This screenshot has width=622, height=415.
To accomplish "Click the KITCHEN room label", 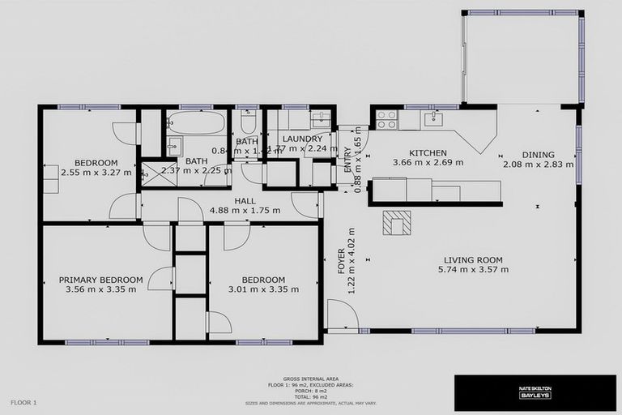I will pos(428,153).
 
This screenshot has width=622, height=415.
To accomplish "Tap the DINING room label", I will pos(538,155).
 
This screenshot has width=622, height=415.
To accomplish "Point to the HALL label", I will pos(245,201).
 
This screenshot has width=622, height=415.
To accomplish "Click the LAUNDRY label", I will pos(303,139).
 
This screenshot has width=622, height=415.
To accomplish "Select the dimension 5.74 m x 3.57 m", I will pos(473,270).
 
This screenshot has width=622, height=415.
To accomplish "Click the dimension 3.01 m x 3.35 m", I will pos(263,289).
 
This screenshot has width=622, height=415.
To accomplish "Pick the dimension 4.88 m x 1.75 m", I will pos(245,211).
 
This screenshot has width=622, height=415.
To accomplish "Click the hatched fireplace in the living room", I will pos(397,222).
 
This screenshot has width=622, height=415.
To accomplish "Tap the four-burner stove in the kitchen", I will pos(386,119).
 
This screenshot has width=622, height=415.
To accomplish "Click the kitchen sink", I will pos(432,118).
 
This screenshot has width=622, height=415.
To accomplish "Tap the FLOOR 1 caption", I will pos(23,402).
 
